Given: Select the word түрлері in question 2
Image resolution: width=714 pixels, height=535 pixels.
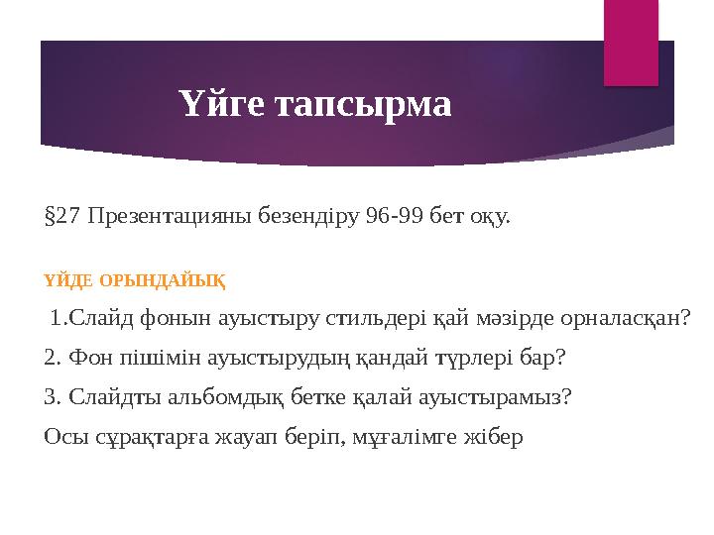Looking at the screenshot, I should point(476,358).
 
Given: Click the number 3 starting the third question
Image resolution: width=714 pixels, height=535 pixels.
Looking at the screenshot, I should point(52,397).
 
